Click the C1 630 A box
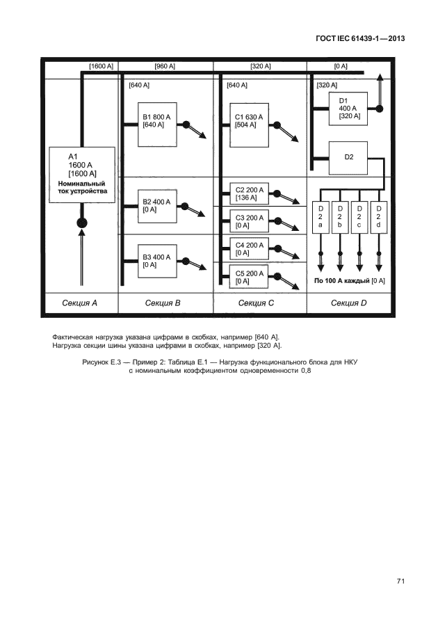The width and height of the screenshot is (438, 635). [x=249, y=125]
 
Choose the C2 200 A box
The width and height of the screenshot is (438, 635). [x=248, y=193]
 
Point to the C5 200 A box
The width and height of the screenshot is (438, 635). [x=248, y=277]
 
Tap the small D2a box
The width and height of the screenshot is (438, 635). [x=321, y=218]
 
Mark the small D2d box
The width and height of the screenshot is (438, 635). [x=379, y=218]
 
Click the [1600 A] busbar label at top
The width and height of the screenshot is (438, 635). [x=102, y=67]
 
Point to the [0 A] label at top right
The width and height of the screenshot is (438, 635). [x=341, y=67]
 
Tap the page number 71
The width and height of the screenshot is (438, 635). [x=400, y=581]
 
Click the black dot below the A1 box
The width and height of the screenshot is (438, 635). [x=82, y=223]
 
